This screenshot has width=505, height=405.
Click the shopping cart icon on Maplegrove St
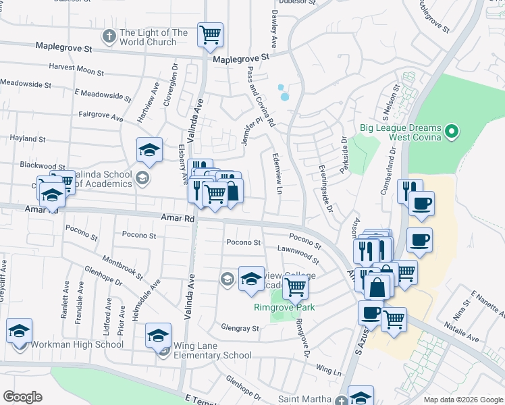pos(210,34)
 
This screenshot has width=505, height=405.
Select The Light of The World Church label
pos(153,37)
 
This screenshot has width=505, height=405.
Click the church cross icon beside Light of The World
pos(109,35)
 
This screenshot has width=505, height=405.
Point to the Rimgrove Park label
pos(285,307)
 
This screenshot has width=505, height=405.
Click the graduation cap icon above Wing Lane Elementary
pos(157,335)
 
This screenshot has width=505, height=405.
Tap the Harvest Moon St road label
pos(76,70)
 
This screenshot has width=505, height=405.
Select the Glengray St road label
pos(240,329)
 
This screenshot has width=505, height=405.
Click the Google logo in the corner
pos(23,397)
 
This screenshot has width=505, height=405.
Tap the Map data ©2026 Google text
pos(462,400)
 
